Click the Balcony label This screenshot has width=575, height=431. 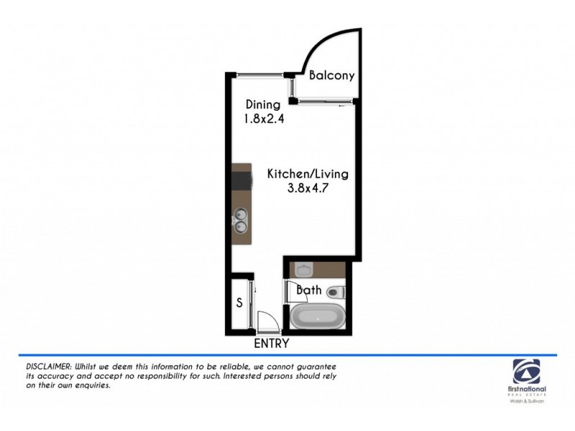tap(331, 75)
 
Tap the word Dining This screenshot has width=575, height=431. tap(262, 105)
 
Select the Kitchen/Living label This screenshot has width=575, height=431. tap(308, 174)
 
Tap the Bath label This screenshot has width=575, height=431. tap(309, 291)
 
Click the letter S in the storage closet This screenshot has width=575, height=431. tap(239, 302)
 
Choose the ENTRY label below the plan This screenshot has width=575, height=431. tap(272, 343)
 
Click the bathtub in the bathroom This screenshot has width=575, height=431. tap(318, 317)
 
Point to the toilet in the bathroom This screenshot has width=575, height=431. tap(336, 292)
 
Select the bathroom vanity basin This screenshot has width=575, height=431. tap(303, 269)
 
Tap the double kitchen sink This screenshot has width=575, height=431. tap(241, 221)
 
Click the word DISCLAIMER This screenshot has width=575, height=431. tap(43, 366)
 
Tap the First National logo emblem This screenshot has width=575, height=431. tap(530, 371)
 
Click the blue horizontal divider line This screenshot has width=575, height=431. tap(287, 355)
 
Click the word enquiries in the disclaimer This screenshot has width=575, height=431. tap(91, 386)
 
